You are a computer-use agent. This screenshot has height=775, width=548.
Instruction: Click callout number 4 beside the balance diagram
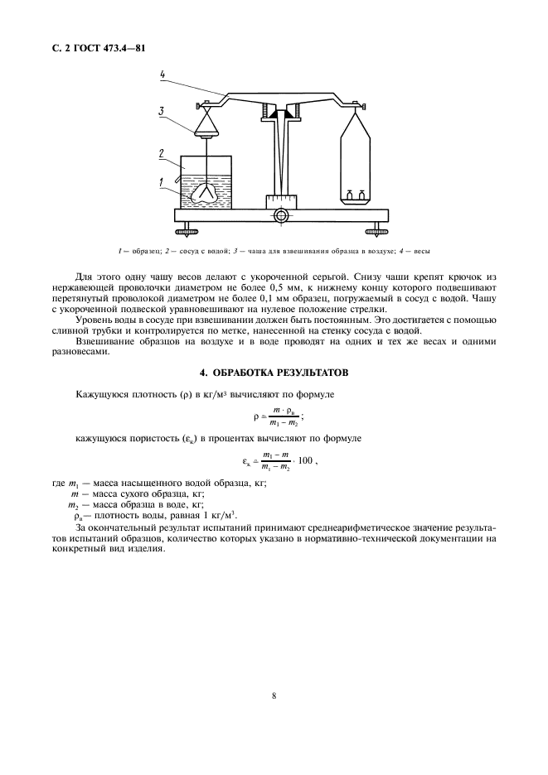click(163, 75)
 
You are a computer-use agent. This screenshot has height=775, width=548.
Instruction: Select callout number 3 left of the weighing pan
click(163, 110)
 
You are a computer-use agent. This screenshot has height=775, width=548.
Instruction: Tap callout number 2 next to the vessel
click(163, 152)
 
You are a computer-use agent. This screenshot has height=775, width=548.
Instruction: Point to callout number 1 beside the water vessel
click(163, 179)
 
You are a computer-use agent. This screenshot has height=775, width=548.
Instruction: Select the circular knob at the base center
click(282, 215)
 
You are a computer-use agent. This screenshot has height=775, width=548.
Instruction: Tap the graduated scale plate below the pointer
click(282, 201)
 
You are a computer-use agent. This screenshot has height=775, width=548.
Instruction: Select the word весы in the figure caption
click(420, 250)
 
